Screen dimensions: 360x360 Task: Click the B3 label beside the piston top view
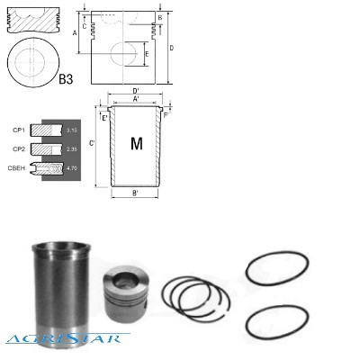point(66,81)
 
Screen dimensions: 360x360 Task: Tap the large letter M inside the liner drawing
point(137,143)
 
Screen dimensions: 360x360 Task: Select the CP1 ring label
point(17,130)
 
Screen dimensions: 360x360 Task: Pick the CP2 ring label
point(17,148)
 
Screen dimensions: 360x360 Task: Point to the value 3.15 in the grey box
point(72,130)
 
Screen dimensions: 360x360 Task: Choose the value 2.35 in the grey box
point(72,148)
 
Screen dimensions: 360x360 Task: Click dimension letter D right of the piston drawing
point(170,48)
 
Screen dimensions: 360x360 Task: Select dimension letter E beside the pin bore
point(147,56)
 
